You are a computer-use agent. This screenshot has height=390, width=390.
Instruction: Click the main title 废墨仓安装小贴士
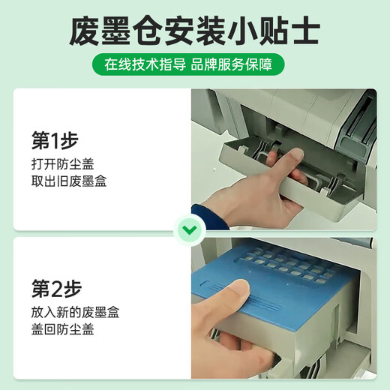click(194, 31)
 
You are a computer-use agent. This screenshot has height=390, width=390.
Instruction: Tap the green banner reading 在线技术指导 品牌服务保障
click(188, 64)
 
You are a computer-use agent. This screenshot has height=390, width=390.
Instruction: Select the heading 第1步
click(55, 140)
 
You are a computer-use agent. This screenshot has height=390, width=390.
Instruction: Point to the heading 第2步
click(57, 289)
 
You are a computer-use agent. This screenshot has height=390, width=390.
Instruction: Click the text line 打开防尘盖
click(63, 164)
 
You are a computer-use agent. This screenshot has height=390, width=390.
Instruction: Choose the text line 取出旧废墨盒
click(69, 181)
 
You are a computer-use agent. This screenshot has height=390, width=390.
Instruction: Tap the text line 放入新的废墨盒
click(75, 313)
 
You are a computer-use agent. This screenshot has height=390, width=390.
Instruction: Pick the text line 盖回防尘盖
click(63, 329)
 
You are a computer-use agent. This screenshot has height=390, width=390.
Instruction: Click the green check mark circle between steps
click(190, 230)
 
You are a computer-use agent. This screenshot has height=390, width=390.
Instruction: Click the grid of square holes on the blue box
click(287, 266)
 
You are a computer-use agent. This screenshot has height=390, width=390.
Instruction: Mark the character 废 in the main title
click(84, 31)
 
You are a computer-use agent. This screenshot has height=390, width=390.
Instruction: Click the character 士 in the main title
click(306, 31)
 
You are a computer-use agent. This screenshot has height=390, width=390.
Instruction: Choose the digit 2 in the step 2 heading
click(57, 289)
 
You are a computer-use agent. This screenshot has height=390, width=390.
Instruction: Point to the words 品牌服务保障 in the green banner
click(232, 64)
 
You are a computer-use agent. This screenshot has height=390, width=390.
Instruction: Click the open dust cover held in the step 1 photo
click(287, 175)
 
